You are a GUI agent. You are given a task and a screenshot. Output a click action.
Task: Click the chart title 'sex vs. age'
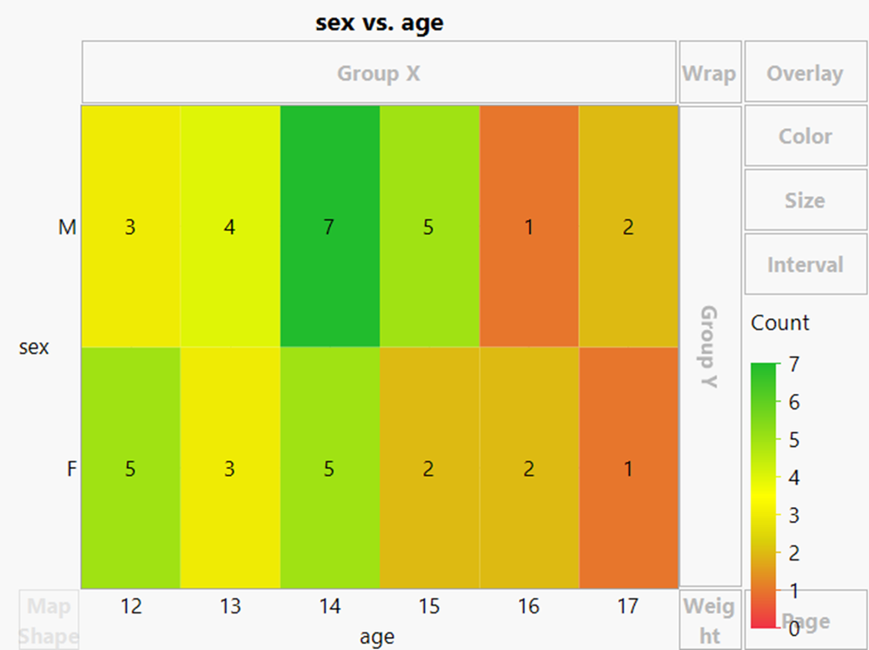coord(379,23)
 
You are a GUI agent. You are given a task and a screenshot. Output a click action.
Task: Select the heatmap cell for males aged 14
coord(330,227)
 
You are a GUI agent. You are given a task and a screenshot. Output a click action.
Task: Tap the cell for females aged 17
coord(628,468)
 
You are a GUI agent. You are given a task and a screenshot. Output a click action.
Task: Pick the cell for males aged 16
coord(529,227)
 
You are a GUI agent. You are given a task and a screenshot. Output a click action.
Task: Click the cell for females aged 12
coord(131,468)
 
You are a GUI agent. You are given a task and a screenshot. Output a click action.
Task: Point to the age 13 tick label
coord(230,606)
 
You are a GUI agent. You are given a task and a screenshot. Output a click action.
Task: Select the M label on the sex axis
coord(67,227)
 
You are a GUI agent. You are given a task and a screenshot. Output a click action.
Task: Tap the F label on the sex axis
coord(72,469)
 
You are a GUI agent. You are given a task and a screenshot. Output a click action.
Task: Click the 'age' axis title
coord(377,638)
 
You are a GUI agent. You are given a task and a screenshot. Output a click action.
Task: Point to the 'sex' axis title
coord(34,348)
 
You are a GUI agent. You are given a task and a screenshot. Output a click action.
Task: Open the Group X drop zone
coord(379,73)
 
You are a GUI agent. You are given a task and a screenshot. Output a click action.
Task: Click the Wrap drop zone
coord(710,73)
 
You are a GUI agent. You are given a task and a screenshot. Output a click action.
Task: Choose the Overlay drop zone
coord(805,73)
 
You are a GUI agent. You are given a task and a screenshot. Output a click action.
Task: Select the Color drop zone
coord(805,137)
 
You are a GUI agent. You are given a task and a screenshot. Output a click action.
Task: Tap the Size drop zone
coord(805,200)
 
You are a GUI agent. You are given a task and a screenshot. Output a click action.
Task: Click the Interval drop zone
coord(805,264)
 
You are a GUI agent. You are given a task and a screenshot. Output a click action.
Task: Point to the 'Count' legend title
coord(780,323)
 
